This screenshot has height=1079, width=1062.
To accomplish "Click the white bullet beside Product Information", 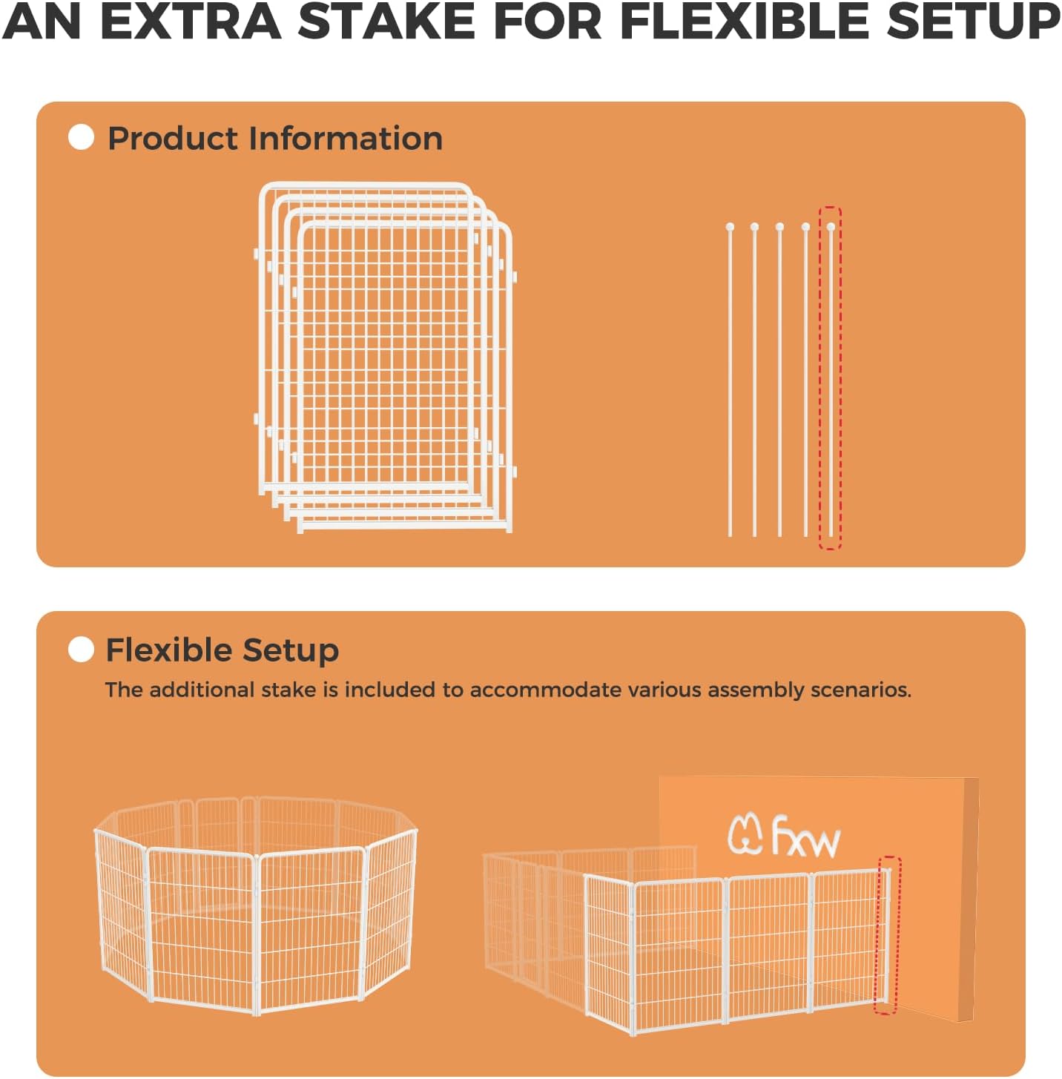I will [81, 137].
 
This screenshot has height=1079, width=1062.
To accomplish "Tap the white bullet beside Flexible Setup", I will [81, 650].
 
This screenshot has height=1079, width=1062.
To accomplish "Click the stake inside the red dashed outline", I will [831, 378].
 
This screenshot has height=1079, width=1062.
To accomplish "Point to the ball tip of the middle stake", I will [779, 227].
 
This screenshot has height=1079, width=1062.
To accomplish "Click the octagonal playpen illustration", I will [256, 905].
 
